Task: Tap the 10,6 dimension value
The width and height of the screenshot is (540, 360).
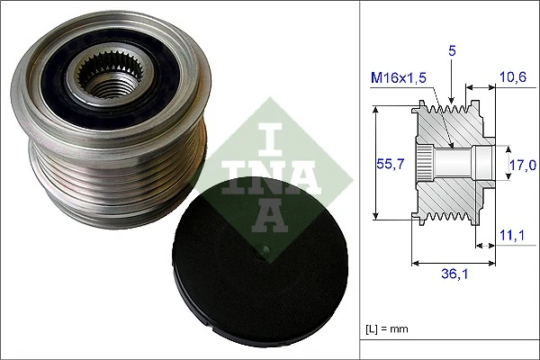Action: [x=513, y=78]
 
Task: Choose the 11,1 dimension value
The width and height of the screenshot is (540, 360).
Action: [x=513, y=236]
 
